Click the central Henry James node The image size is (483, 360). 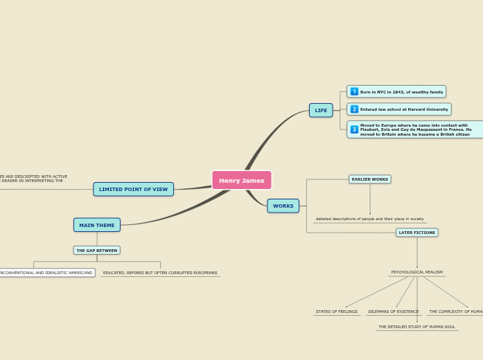[x=241, y=180]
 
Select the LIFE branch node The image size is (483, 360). [x=321, y=110]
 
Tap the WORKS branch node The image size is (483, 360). [x=283, y=206]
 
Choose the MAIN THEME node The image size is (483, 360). [x=96, y=225]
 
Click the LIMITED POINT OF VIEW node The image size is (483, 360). [x=133, y=189]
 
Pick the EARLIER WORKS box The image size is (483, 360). [x=369, y=179]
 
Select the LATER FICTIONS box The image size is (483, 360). [x=416, y=233]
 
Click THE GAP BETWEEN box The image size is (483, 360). [x=96, y=250]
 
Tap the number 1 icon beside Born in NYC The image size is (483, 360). [x=354, y=91]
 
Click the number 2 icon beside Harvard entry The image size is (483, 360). [x=354, y=109]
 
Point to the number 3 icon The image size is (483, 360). [x=354, y=129]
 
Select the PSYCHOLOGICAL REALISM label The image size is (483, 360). [x=416, y=272]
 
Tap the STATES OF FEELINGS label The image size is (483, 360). [x=337, y=312]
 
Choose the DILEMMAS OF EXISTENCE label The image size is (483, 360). [x=393, y=312]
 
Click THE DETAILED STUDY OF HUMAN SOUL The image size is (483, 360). [x=416, y=327]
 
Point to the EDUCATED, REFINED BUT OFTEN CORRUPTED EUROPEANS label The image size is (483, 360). [x=159, y=273]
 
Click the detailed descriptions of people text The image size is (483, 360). [x=369, y=219]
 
